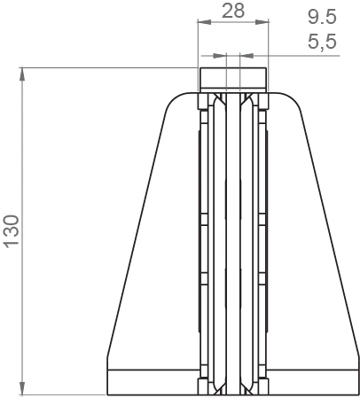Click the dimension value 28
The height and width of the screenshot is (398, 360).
pos(232,11)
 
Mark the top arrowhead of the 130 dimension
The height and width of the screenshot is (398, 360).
pos(22,72)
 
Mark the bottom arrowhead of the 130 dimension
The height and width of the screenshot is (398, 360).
pos(22,390)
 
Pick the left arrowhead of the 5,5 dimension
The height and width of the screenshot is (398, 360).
pos(224,55)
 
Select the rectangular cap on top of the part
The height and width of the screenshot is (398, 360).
pos(232,78)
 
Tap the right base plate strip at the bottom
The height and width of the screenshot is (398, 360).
pos(315,381)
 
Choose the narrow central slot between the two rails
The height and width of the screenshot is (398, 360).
pos(233,239)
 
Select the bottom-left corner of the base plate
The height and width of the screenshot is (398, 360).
pos(107,394)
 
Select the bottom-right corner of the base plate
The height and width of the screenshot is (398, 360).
pos(357,394)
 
